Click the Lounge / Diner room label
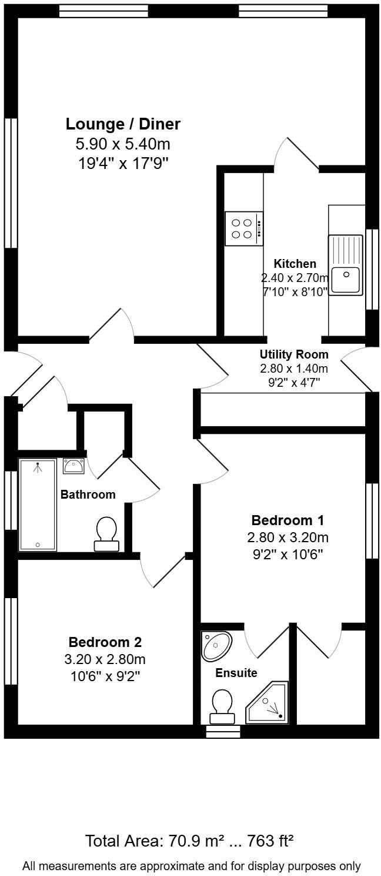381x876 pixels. pyautogui.click(x=123, y=124)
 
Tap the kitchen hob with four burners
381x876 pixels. pyautogui.click(x=243, y=228)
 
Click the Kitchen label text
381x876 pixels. pyautogui.click(x=295, y=264)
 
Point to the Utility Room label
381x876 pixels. pyautogui.click(x=294, y=354)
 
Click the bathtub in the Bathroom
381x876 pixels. pyautogui.click(x=38, y=505)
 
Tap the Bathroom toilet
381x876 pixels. pyautogui.click(x=106, y=533)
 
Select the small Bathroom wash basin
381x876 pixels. pyautogui.click(x=73, y=467)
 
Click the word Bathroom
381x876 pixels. pyautogui.click(x=88, y=495)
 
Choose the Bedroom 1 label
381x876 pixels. pyautogui.click(x=288, y=520)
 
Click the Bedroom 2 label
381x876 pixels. pyautogui.click(x=105, y=642)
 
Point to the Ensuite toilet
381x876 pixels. pyautogui.click(x=222, y=706)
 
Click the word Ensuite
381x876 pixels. pyautogui.click(x=236, y=673)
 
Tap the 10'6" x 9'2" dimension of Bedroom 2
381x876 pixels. pyautogui.click(x=105, y=676)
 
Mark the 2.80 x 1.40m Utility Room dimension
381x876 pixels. pyautogui.click(x=294, y=369)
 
